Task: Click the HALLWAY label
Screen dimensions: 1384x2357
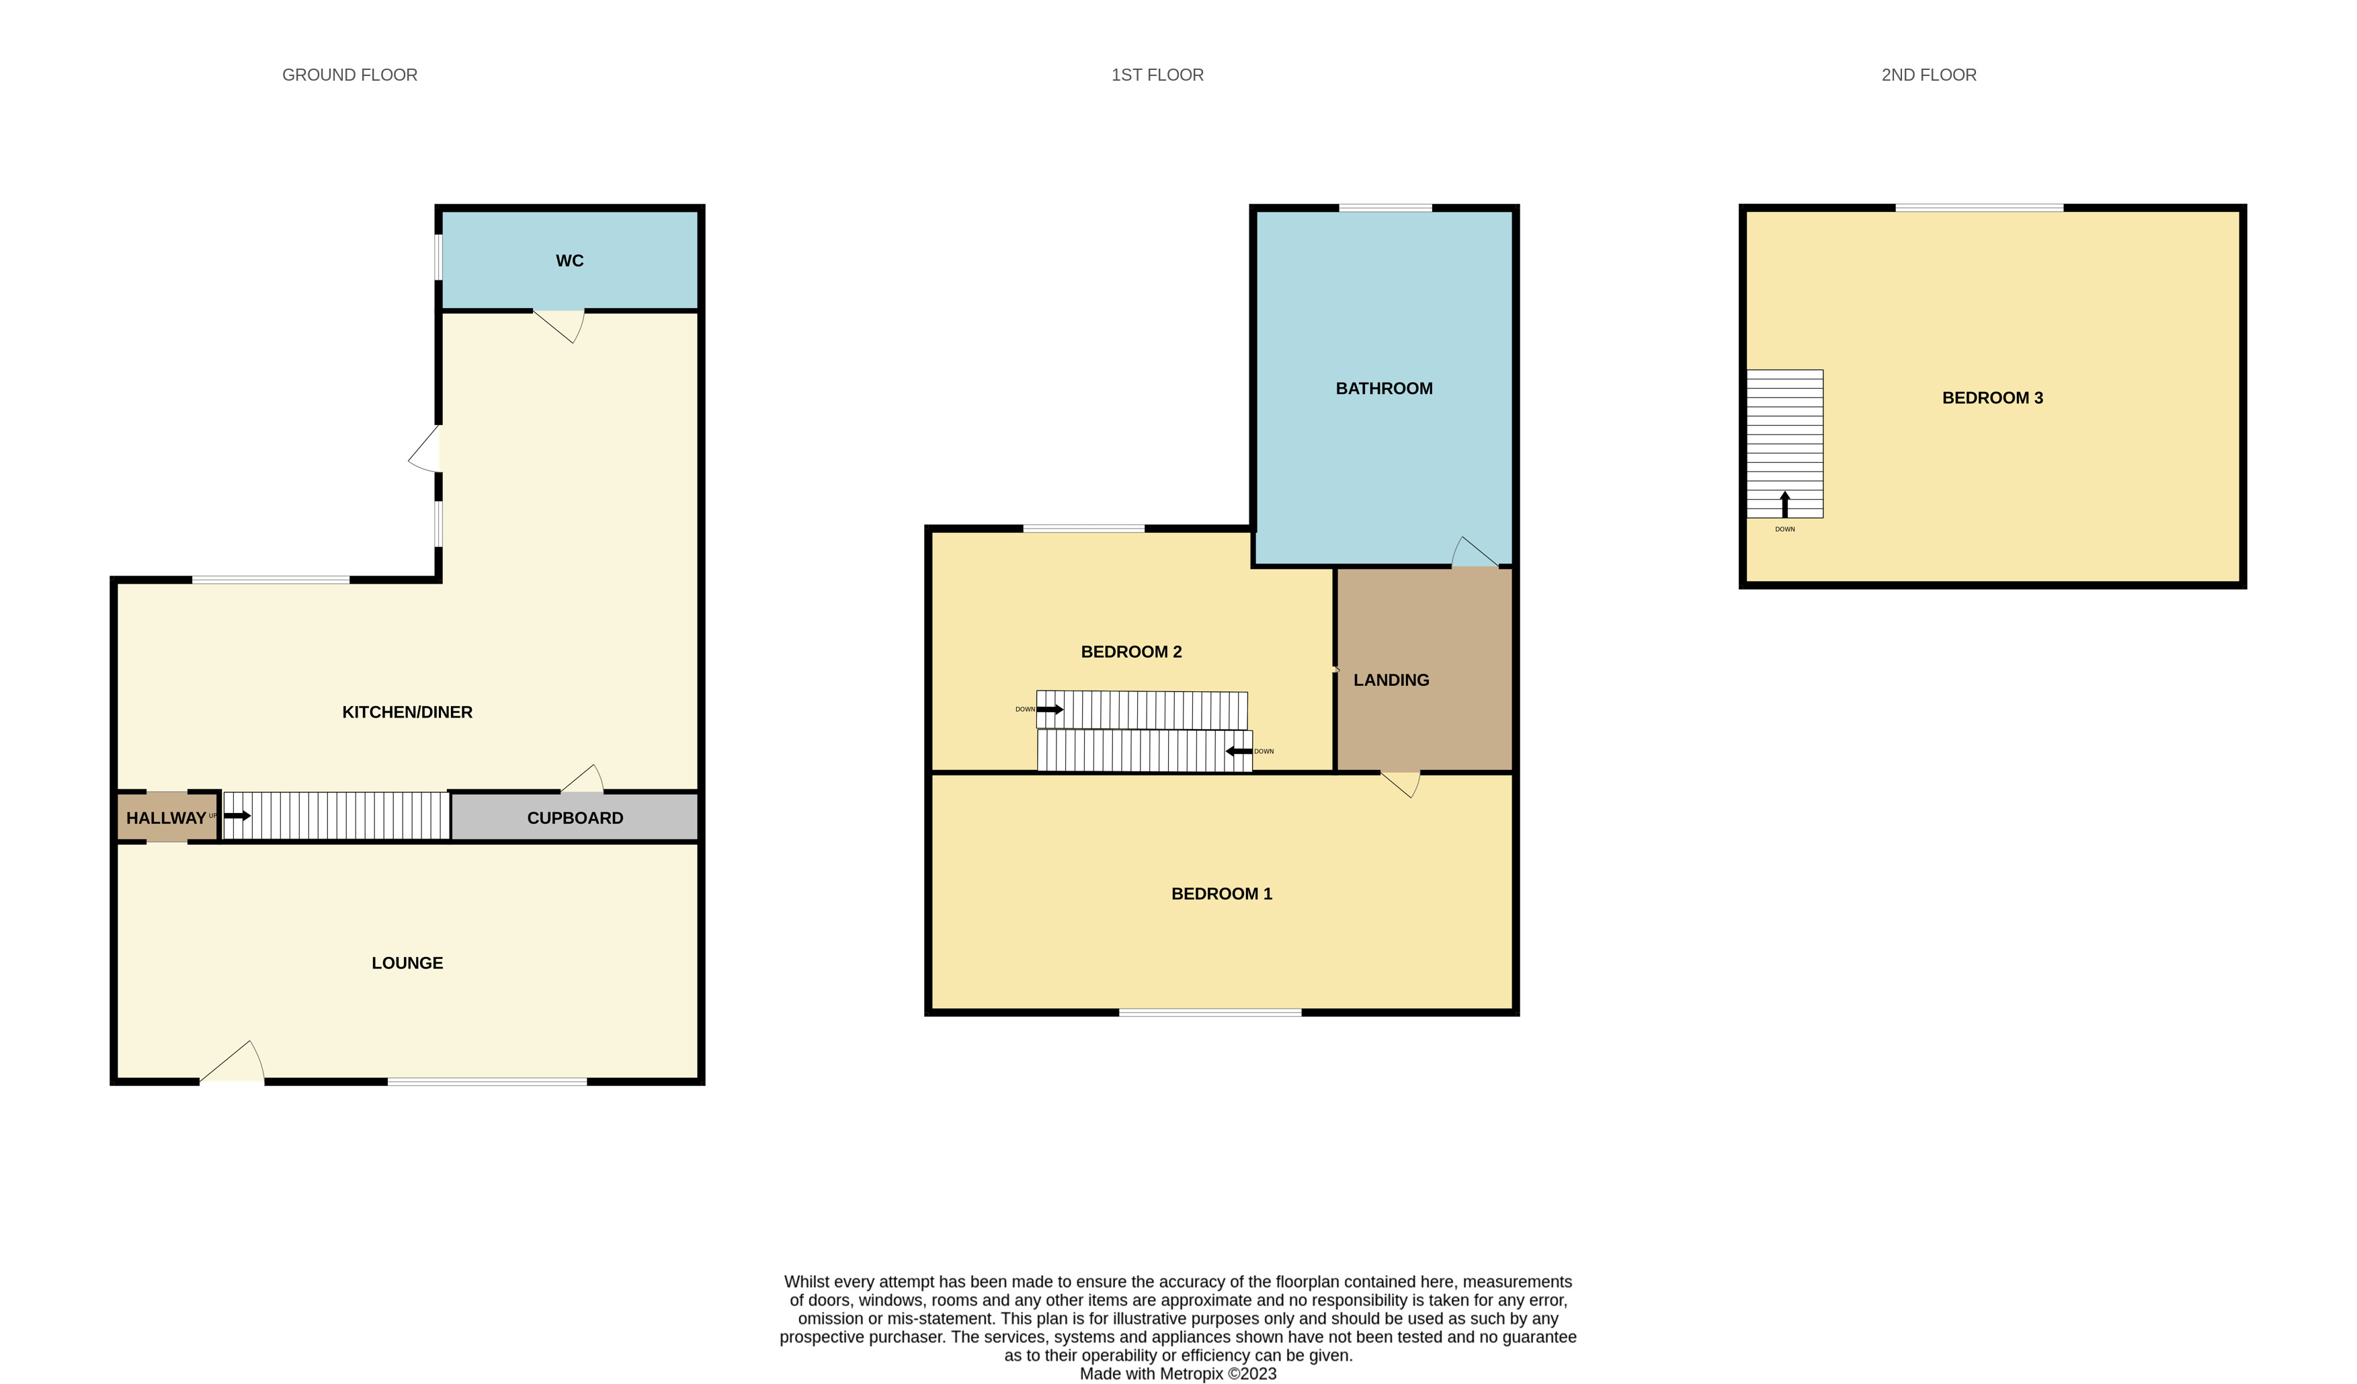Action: tap(165, 818)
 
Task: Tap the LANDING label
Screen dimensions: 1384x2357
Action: tap(1391, 681)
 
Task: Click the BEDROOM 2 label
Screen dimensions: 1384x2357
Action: tap(1131, 652)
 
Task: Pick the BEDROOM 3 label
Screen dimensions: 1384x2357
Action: tap(1991, 397)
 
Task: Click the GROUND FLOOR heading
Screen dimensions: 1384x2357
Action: tap(349, 75)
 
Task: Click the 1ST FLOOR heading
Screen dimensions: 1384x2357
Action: tap(1157, 75)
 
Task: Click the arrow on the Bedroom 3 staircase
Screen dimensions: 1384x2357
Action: tap(1784, 504)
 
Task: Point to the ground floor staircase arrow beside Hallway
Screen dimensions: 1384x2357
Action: tap(237, 816)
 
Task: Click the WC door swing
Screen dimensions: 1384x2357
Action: tap(561, 325)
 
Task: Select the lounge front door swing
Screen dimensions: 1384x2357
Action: tap(234, 1065)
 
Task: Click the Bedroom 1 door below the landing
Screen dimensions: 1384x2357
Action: tap(1401, 783)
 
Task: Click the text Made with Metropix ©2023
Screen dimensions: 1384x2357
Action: tap(1177, 1374)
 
